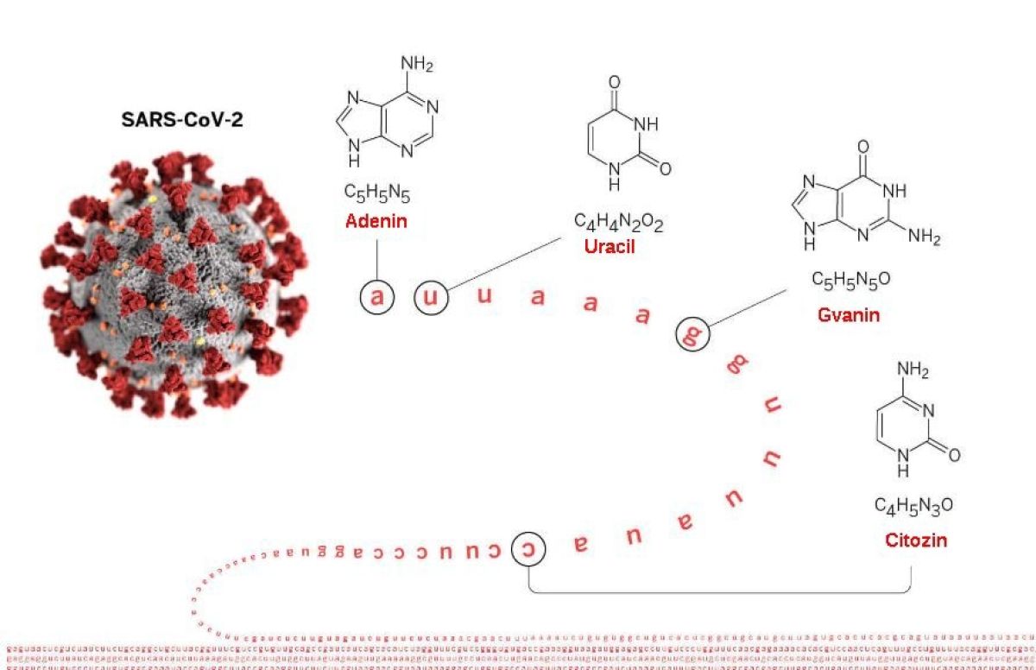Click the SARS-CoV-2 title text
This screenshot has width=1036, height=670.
click(x=181, y=119)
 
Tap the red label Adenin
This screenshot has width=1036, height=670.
click(x=376, y=221)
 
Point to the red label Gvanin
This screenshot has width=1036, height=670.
click(x=849, y=315)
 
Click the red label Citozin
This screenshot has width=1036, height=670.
click(x=916, y=540)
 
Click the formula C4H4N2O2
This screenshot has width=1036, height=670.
click(x=619, y=224)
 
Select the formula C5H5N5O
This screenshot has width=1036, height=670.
click(x=850, y=281)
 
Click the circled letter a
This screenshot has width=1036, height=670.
click(x=377, y=298)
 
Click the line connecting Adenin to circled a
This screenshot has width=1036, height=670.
click(x=377, y=259)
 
